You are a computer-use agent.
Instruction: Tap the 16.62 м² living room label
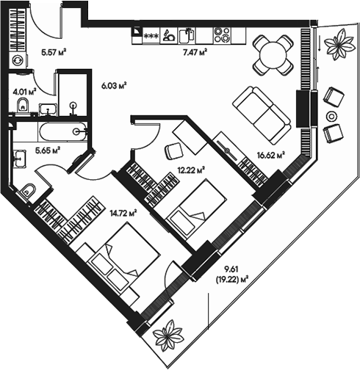(x=270, y=155)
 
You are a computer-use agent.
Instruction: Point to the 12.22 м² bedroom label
(x=190, y=170)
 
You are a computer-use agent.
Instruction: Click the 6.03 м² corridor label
(x=113, y=84)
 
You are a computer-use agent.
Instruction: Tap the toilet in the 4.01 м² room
(x=21, y=108)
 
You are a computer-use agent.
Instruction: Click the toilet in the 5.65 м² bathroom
(x=26, y=190)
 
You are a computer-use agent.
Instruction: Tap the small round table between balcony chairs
(x=332, y=116)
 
